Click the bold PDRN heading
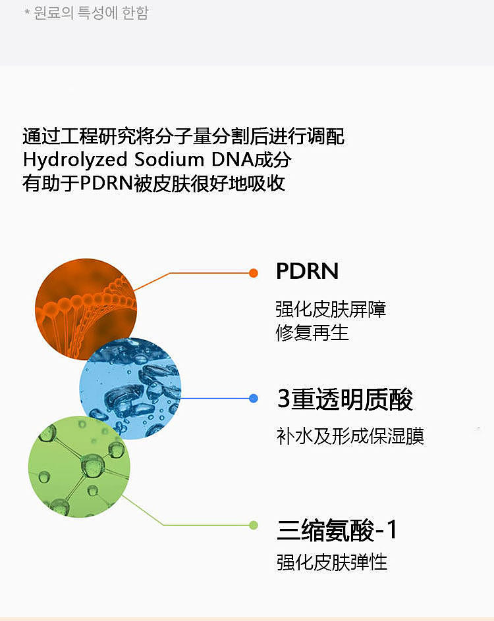[x=307, y=271]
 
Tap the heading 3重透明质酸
[x=345, y=399]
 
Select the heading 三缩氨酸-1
[x=337, y=530]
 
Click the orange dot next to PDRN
[x=254, y=273]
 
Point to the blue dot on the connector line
[x=254, y=398]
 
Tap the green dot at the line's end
[x=254, y=525]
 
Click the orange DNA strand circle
[x=86, y=309]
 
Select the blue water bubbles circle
[x=130, y=389]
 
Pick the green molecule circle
[x=79, y=466]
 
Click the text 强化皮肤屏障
[x=331, y=309]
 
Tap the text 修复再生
[x=312, y=333]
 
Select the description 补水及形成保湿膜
[x=350, y=436]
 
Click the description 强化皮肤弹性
[x=332, y=562]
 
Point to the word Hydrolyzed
[x=75, y=160]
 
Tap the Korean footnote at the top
[x=86, y=13]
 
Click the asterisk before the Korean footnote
[x=27, y=12]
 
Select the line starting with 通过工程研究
[x=184, y=137]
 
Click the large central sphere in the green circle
[x=93, y=465]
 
